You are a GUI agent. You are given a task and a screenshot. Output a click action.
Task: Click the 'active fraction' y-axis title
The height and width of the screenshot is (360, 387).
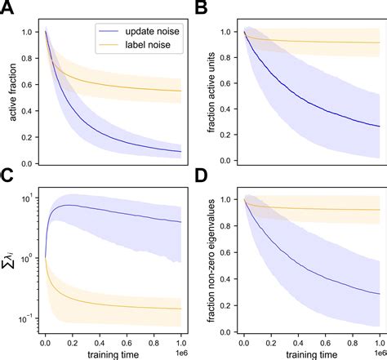click(x=13, y=96)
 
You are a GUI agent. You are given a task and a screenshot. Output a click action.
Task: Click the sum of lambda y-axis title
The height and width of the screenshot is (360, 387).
click(x=11, y=263)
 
